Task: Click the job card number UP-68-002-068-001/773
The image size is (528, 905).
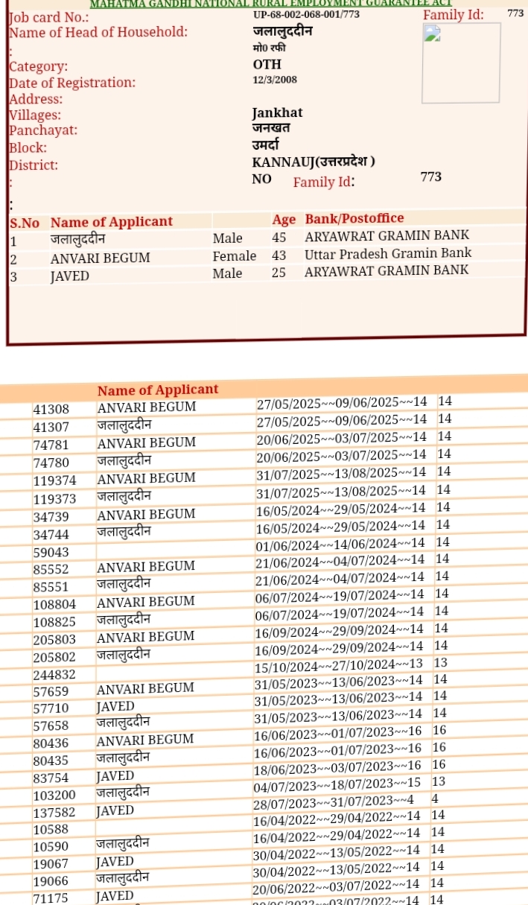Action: coord(306,14)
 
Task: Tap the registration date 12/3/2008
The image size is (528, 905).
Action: coord(275,80)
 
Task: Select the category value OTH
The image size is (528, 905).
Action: coord(267,65)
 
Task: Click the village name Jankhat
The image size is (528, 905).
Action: coord(277,113)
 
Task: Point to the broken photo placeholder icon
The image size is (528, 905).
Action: coord(432,34)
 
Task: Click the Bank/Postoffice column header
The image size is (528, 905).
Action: coord(354,218)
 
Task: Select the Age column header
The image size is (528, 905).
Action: coord(284,220)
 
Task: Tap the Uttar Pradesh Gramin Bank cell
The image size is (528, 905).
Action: coord(388,253)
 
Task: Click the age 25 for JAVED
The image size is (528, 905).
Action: coord(279,273)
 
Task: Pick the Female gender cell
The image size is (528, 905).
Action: coord(235,256)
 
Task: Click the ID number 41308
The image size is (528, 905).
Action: coord(51,409)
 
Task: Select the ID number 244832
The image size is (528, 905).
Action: coord(54,675)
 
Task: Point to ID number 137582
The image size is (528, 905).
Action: coord(54,812)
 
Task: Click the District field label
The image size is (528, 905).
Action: coord(34,165)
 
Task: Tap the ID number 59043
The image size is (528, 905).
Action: coord(51,553)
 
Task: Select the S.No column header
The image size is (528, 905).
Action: coord(25,223)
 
